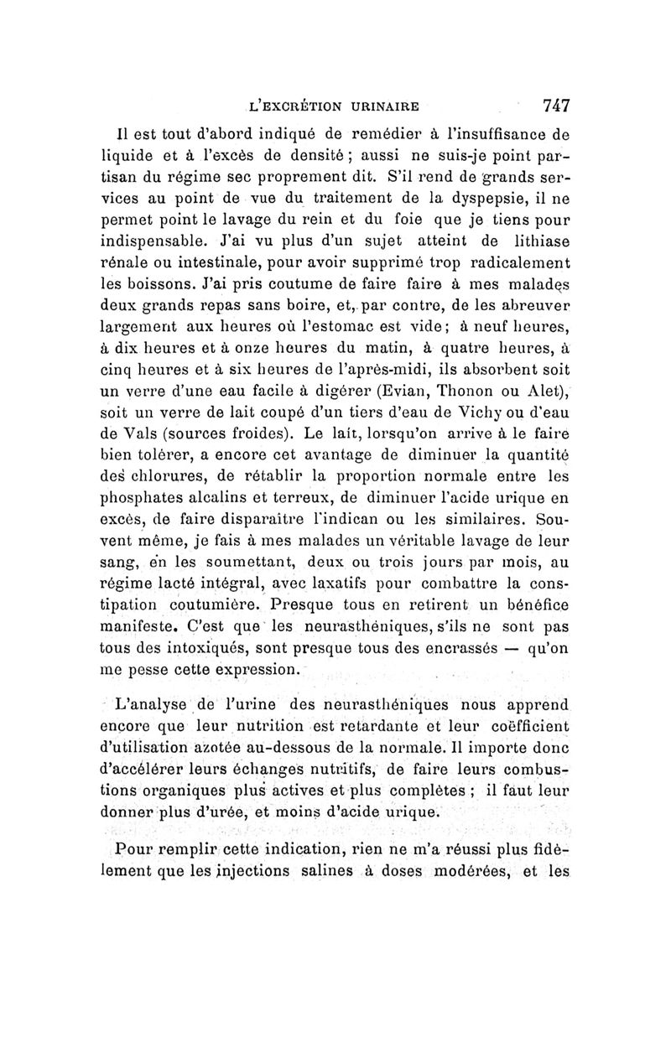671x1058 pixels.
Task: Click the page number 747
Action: (x=556, y=106)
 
